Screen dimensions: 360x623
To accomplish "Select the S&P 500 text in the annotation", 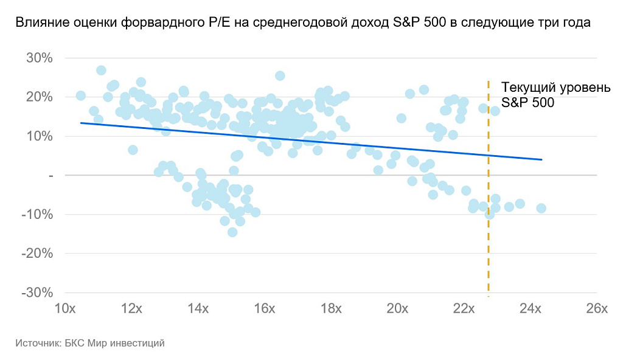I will click(x=527, y=103).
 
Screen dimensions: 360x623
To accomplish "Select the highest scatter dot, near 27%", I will click(x=101, y=71).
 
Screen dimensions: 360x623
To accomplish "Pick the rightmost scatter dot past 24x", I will click(x=541, y=208).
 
